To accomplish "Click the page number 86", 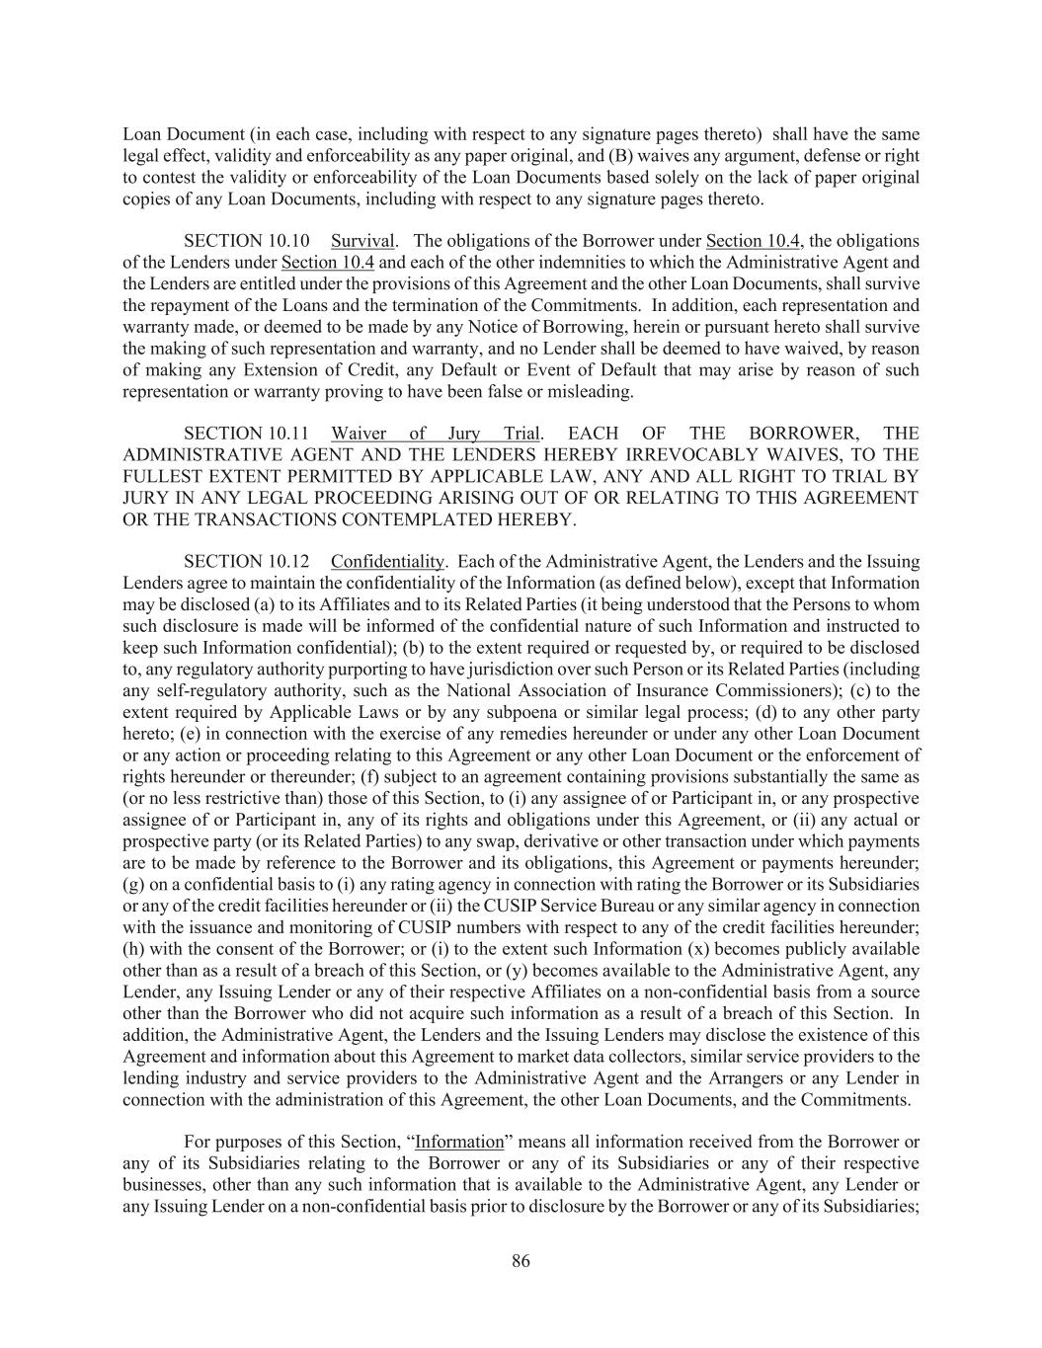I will (521, 1261).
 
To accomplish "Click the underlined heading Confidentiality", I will (387, 562).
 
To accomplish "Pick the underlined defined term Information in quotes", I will (459, 1142).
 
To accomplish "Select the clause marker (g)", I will (134, 884).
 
